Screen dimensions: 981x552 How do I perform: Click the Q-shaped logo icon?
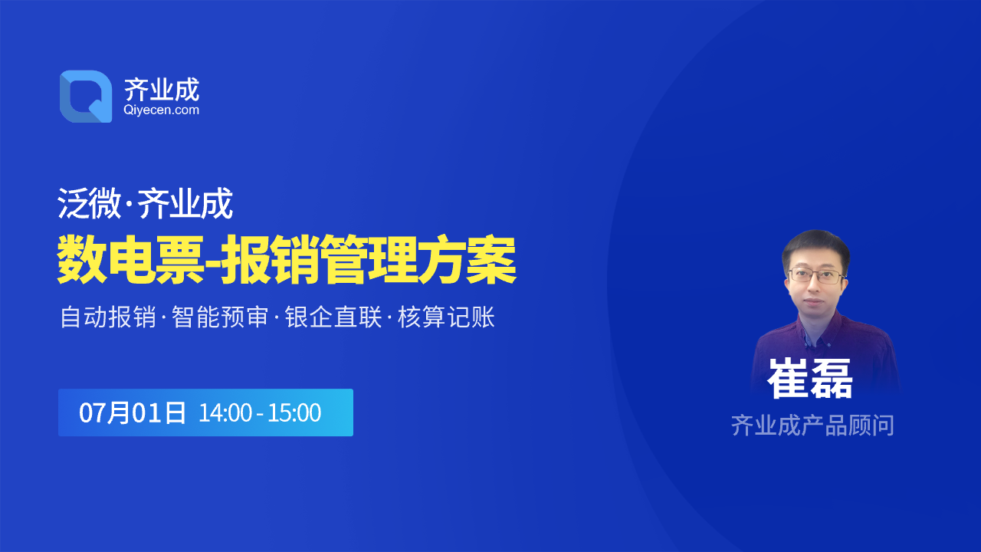86,97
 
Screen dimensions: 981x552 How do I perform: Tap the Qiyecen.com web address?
161,110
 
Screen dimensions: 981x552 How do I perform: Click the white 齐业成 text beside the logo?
162,90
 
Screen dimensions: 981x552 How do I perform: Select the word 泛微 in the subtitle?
89,203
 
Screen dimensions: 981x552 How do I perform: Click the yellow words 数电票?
130,259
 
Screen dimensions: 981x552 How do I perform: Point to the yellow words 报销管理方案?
369,259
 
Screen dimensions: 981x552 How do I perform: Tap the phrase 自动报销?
108,317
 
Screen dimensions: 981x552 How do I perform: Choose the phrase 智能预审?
220,317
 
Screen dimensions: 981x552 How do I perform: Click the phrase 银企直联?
333,317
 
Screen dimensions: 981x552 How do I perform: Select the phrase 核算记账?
446,317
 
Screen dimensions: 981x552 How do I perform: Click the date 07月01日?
133,412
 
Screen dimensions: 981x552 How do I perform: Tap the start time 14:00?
225,412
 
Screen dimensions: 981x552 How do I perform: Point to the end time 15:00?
294,412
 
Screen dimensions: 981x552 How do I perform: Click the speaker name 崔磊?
810,378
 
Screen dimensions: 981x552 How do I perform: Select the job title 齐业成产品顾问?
812,425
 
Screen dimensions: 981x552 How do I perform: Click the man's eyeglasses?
816,276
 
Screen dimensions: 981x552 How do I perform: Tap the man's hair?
815,248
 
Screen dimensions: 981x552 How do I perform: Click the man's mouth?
814,302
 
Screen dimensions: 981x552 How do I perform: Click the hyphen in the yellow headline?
212,261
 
